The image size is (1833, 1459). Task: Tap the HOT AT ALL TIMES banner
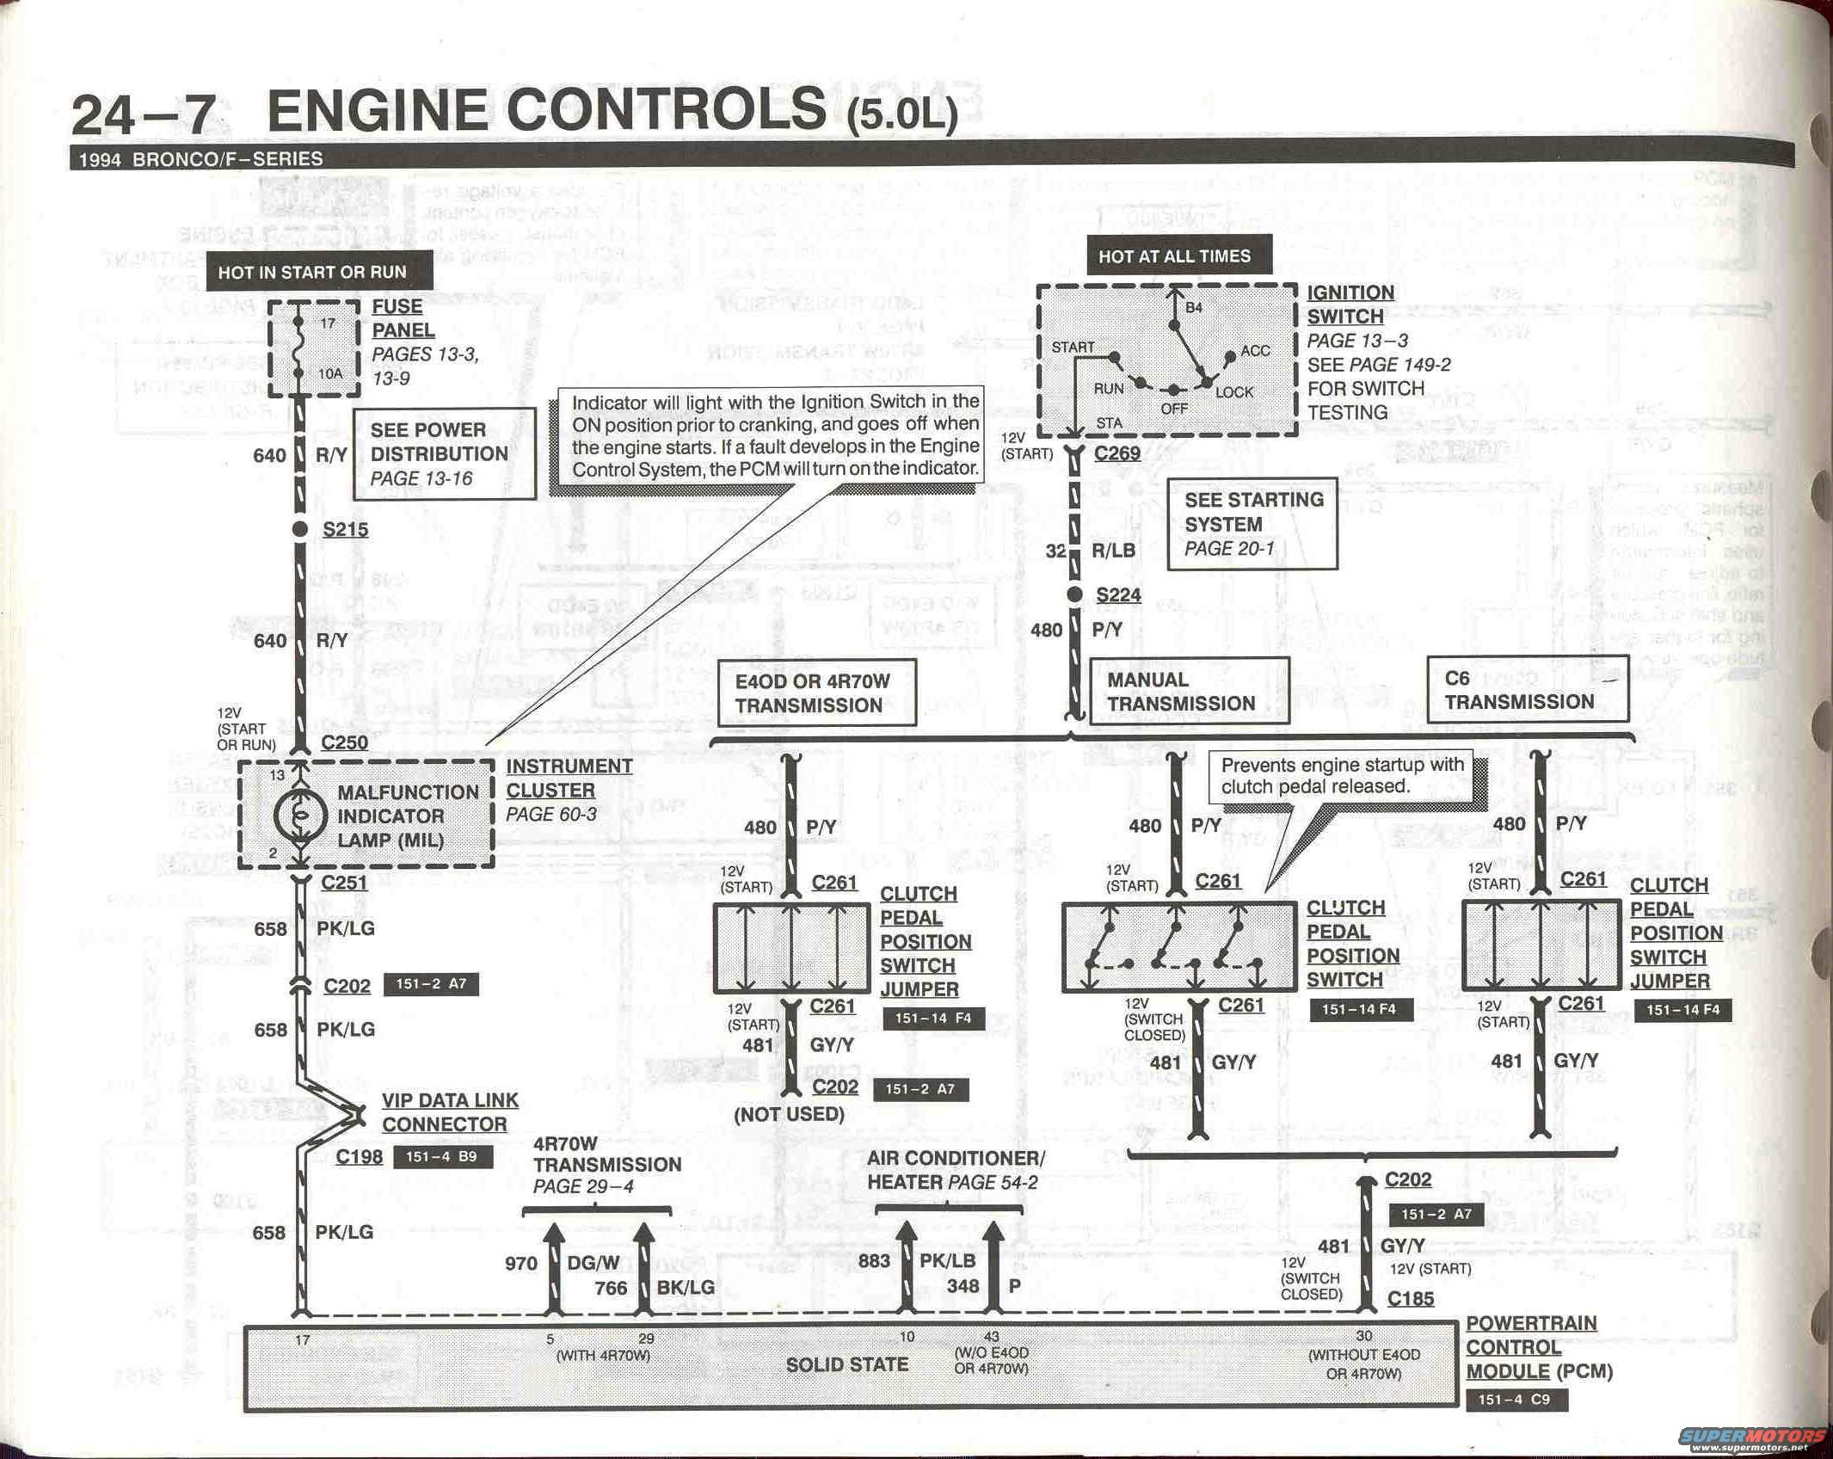(1174, 256)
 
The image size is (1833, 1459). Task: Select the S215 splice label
(345, 530)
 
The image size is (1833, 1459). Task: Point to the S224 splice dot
(1074, 594)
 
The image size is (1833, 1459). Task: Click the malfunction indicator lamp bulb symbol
(299, 815)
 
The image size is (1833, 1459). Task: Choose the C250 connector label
(344, 742)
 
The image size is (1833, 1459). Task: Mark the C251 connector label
(344, 883)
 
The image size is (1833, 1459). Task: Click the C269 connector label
(1117, 453)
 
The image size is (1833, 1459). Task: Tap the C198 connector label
(359, 1156)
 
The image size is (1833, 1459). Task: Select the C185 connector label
(1410, 1299)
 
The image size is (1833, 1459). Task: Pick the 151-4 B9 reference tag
(441, 1156)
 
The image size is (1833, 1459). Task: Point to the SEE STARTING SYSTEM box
(1252, 524)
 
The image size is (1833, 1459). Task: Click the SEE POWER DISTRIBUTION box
(443, 453)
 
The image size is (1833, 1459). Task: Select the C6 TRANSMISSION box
(1527, 690)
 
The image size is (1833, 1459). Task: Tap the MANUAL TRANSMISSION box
(1189, 692)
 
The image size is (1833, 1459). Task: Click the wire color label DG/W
(594, 1263)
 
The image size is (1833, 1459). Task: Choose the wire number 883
(874, 1261)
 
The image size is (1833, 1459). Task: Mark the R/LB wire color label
(1113, 551)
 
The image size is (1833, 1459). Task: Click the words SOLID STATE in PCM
(846, 1365)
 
